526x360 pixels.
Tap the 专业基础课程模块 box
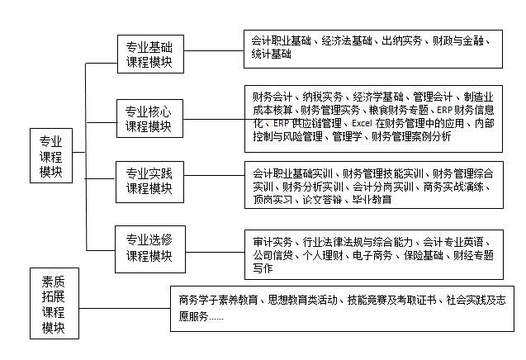click(x=149, y=54)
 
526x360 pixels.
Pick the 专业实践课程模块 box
click(x=149, y=181)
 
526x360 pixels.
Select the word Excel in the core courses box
click(x=363, y=123)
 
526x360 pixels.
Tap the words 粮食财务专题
click(x=400, y=110)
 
